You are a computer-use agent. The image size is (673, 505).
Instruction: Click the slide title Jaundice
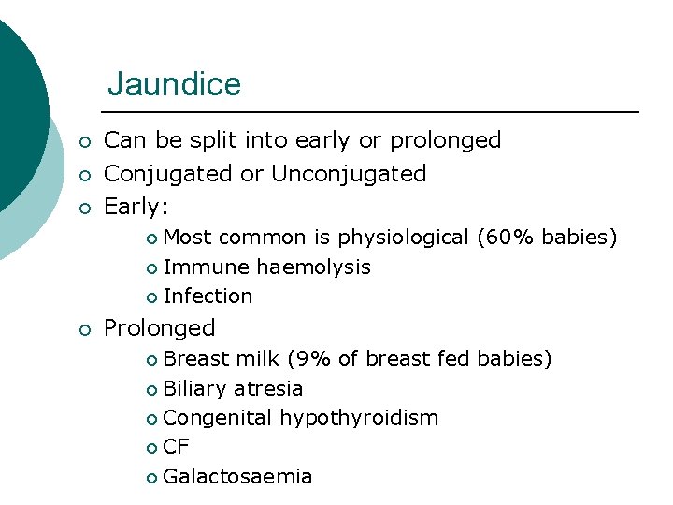coord(174,85)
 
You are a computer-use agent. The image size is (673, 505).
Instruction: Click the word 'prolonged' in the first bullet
coord(445,141)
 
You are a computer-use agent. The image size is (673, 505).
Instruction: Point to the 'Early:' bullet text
coord(138,206)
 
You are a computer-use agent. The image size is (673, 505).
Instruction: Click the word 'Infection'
coord(208,296)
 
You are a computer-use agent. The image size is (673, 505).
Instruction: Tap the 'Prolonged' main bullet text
coord(159,328)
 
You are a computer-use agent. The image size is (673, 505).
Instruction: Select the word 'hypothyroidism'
coord(359,418)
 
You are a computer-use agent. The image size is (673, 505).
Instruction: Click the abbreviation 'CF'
coord(176,447)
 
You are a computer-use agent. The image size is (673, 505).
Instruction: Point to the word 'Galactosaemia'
coord(237,477)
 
